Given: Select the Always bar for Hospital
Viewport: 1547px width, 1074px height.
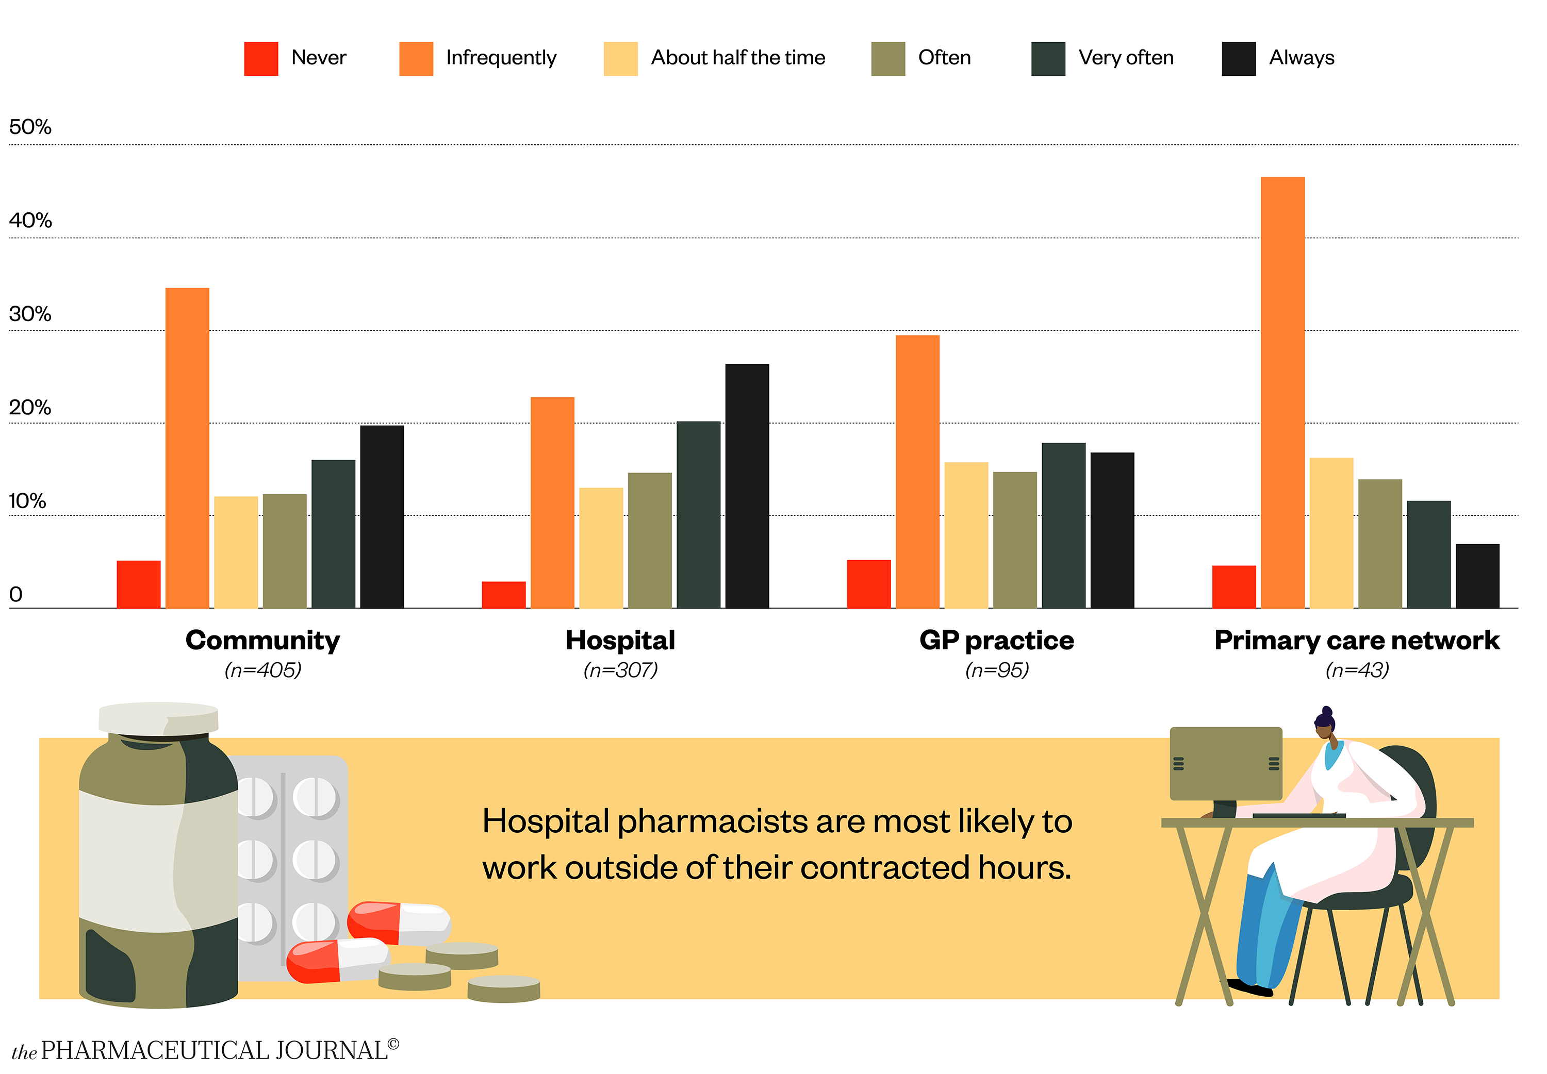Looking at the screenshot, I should pyautogui.click(x=747, y=486).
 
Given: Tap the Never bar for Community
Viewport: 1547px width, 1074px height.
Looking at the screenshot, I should pyautogui.click(x=139, y=584).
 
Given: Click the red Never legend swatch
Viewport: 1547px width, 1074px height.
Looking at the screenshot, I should pyautogui.click(x=261, y=59).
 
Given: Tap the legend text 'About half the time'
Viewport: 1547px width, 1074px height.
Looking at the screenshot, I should pyautogui.click(x=737, y=58).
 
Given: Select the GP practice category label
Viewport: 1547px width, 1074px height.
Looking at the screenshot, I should pyautogui.click(x=996, y=640).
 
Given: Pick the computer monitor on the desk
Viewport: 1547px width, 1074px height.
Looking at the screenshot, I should pyautogui.click(x=1225, y=764).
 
